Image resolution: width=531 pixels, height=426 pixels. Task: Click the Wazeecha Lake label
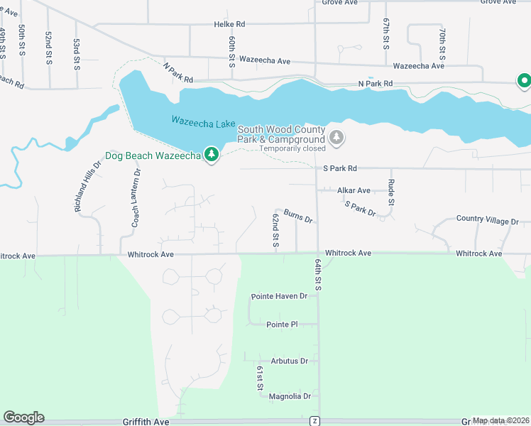pos(203,123)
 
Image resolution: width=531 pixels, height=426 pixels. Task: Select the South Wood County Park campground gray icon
pos(337,137)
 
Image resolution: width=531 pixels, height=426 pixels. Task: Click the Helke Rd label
pos(229,24)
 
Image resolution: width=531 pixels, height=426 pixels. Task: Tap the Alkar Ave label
pos(354,190)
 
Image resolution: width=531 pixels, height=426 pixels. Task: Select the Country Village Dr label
pos(488,220)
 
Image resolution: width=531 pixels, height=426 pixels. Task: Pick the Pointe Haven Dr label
pos(279,296)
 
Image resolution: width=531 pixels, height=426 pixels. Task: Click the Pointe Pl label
pos(282,324)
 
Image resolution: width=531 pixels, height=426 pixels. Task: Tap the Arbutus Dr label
pos(290,361)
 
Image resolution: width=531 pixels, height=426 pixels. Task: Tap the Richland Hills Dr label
pos(88,187)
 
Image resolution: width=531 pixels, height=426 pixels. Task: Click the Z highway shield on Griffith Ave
pos(314,421)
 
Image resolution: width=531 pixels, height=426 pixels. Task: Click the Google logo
pos(23,417)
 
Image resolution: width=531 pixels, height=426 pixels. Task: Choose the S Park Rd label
pos(339,169)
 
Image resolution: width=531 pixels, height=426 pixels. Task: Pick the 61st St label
pos(261,378)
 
